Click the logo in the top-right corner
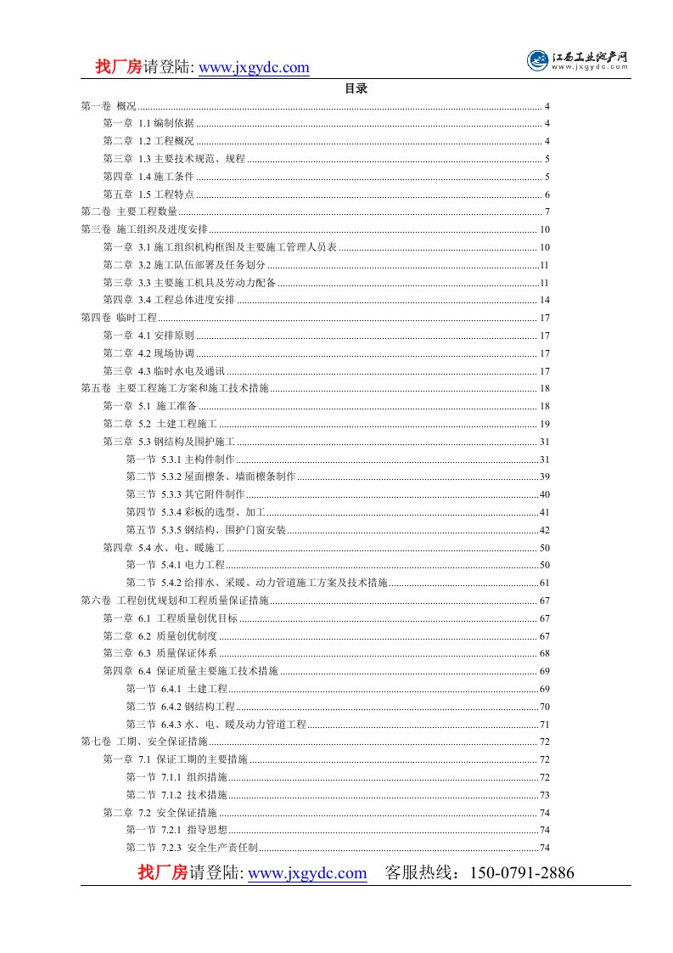pyautogui.click(x=578, y=60)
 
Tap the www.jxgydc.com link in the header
pyautogui.click(x=254, y=68)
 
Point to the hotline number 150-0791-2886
pyautogui.click(x=516, y=873)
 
